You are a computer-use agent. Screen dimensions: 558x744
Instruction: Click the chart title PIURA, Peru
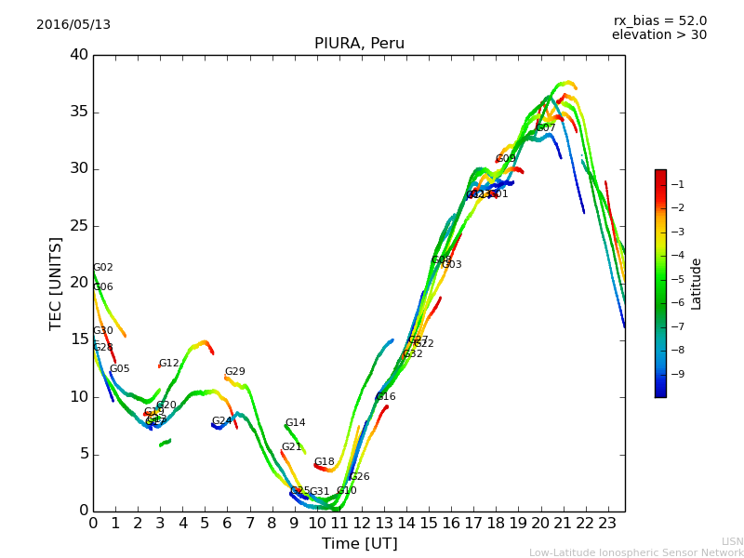(359, 44)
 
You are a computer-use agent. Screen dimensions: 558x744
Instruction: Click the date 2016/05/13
(73, 25)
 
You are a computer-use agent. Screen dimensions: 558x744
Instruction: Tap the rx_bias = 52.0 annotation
(659, 20)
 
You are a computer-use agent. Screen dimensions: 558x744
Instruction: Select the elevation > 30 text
(658, 35)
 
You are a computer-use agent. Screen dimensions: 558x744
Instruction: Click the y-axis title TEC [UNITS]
(56, 283)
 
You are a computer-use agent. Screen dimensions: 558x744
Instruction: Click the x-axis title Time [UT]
(359, 544)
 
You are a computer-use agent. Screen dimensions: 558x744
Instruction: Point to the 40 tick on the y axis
(78, 55)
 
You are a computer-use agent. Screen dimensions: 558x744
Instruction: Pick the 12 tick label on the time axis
(362, 523)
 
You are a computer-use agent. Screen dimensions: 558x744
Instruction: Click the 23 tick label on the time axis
(608, 523)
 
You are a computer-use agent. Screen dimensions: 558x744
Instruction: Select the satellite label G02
(103, 268)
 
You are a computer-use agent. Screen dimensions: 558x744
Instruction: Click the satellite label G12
(169, 364)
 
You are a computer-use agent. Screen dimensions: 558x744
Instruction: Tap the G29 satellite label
(235, 372)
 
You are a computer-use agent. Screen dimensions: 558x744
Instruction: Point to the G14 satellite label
(295, 423)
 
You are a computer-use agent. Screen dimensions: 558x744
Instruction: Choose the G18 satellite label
(325, 462)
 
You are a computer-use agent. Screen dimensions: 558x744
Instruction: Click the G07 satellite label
(546, 128)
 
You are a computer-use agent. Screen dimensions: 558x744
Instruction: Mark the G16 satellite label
(386, 397)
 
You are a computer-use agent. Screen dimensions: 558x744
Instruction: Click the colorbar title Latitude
(697, 284)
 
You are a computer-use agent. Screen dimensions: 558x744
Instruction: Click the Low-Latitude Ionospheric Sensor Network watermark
(636, 553)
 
